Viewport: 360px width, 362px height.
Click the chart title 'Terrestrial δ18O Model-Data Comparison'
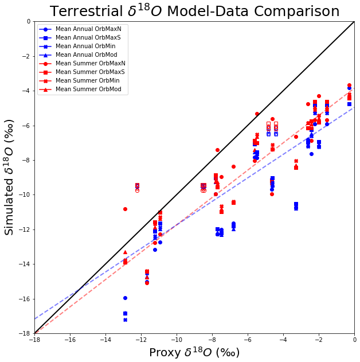pos(194,11)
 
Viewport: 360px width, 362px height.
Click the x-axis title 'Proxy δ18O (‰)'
pos(194,352)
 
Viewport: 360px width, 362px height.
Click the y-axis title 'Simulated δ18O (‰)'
pos(10,177)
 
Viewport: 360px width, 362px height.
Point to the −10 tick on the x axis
pos(176,340)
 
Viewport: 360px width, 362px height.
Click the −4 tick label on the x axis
pos(283,340)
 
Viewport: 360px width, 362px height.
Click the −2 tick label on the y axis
pos(26,56)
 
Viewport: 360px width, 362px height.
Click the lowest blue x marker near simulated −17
pos(125,320)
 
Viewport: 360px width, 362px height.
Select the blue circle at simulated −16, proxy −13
pos(125,298)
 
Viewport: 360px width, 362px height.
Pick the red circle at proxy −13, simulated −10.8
pos(125,209)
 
